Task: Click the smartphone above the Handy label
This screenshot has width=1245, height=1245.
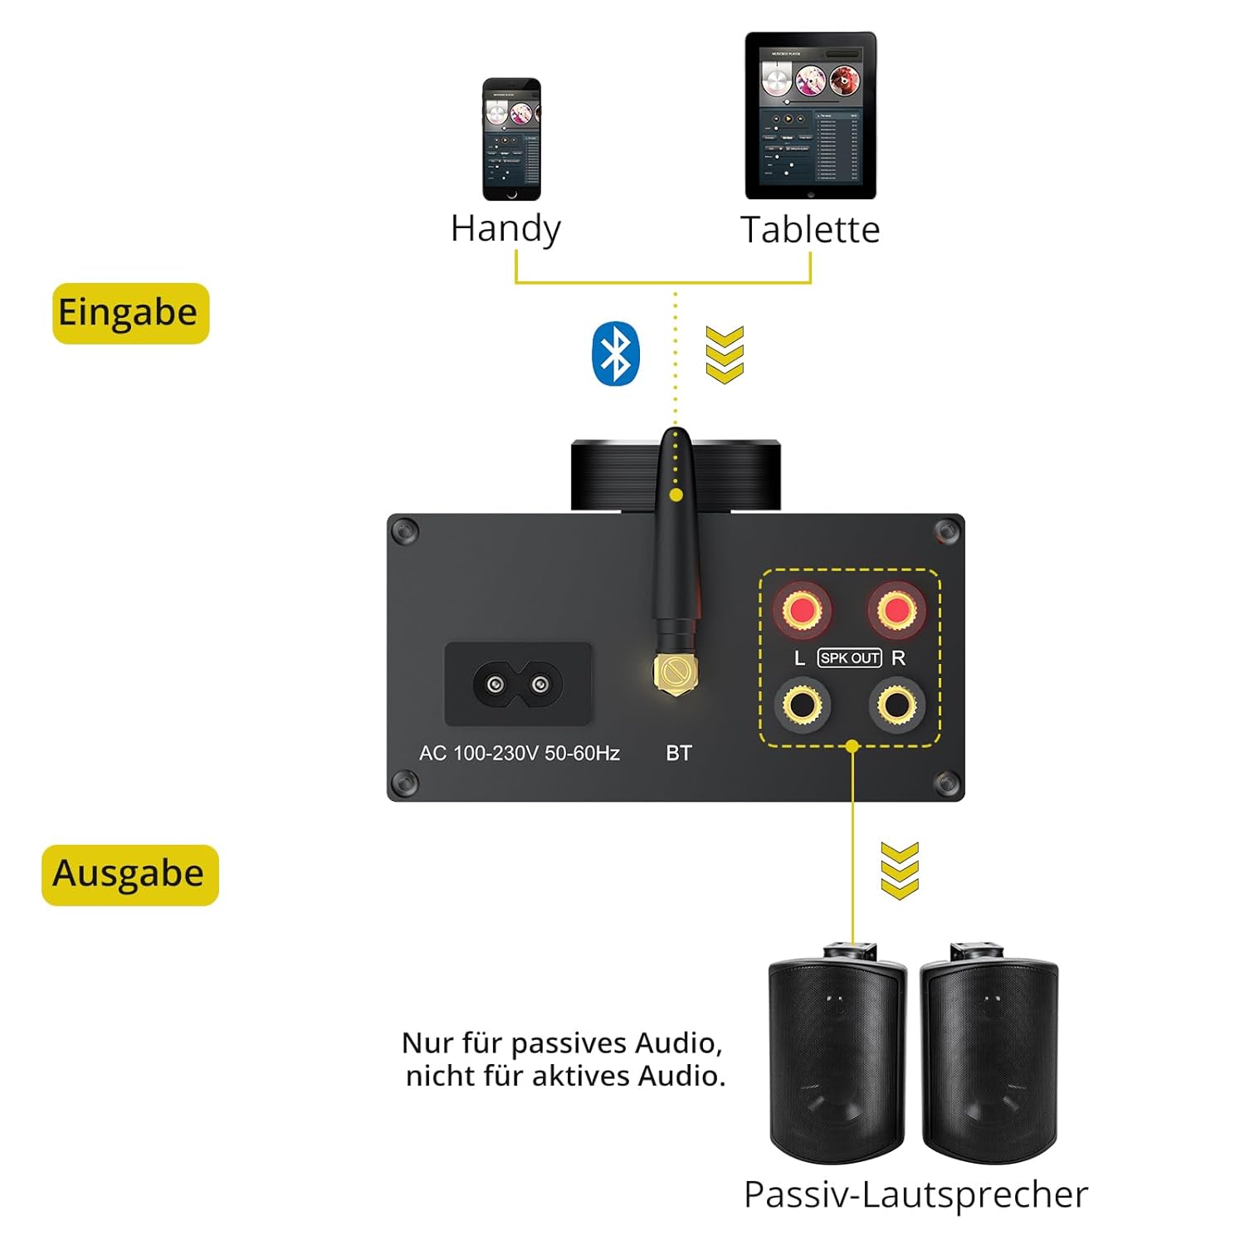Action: (511, 139)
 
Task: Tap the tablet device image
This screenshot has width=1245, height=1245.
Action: (810, 115)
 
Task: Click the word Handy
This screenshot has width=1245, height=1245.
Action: (505, 229)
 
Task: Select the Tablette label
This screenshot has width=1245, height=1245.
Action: (810, 230)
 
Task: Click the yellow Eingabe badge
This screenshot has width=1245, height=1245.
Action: (130, 313)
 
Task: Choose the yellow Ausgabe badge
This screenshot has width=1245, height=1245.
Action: (129, 874)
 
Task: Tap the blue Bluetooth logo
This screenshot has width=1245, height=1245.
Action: (615, 354)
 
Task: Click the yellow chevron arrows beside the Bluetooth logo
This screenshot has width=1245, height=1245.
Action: (724, 354)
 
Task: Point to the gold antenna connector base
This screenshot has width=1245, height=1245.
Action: (674, 676)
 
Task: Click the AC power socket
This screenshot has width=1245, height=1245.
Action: (518, 685)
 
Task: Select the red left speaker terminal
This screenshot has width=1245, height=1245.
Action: (802, 610)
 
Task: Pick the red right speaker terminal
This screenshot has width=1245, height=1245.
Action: (896, 610)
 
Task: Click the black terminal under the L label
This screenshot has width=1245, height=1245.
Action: (802, 705)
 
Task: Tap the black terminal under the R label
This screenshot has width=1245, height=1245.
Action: (896, 705)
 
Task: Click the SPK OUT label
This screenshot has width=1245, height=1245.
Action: (849, 658)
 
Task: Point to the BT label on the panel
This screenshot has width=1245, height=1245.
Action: (678, 753)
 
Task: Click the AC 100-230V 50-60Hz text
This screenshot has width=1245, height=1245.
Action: (520, 753)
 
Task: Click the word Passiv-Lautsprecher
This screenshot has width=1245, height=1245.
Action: (915, 1195)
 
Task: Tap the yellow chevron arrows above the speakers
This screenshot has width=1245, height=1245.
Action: (900, 871)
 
